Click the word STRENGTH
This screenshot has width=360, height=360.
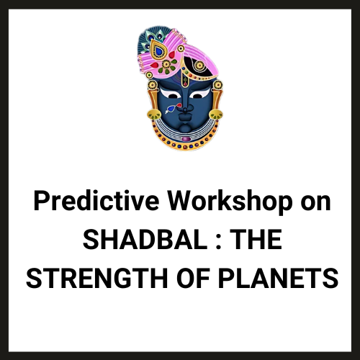pos(96,277)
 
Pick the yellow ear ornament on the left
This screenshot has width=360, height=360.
pos(152,114)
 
